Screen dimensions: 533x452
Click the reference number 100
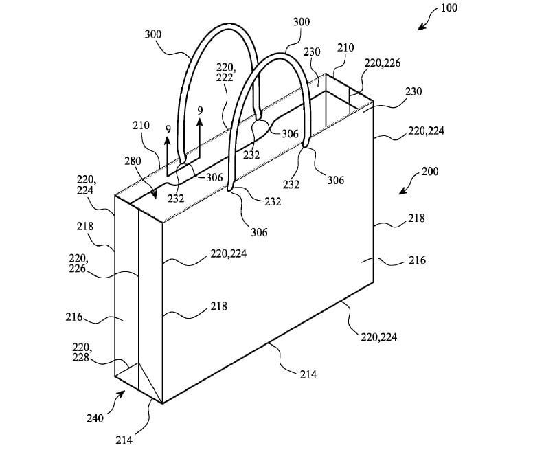pos(449,8)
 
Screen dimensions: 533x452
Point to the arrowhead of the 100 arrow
pos(421,27)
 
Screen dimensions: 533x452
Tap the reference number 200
pos(430,171)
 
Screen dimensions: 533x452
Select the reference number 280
pos(133,161)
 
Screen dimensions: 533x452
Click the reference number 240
pos(95,418)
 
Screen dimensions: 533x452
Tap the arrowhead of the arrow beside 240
pos(121,394)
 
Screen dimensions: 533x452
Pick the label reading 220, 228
pos(80,352)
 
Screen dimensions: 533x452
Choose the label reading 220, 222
pos(225,72)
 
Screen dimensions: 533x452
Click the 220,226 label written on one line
pos(383,63)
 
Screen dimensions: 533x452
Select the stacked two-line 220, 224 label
pos(85,185)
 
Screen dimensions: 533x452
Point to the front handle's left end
pos(231,187)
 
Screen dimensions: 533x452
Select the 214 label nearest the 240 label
pos(124,440)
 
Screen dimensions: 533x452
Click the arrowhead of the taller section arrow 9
pos(200,121)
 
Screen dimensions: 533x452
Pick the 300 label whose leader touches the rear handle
pos(153,34)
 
